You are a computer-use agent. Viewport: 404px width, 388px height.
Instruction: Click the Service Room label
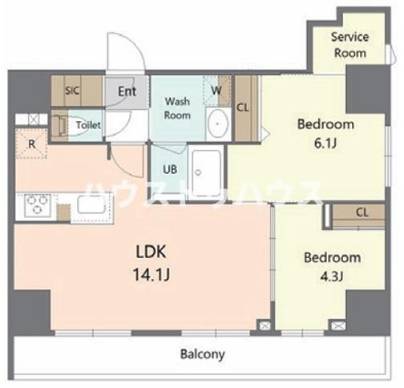pyautogui.click(x=350, y=45)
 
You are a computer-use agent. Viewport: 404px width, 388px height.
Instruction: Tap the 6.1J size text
pyautogui.click(x=325, y=143)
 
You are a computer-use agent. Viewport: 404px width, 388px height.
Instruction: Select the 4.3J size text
pyautogui.click(x=332, y=277)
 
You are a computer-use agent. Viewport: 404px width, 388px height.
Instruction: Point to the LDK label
pyautogui.click(x=151, y=252)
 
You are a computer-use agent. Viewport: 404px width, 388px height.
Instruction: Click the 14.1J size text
pyautogui.click(x=151, y=274)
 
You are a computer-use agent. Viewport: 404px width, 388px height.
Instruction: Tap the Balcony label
pyautogui.click(x=203, y=354)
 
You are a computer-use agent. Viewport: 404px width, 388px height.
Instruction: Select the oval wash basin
pyautogui.click(x=218, y=123)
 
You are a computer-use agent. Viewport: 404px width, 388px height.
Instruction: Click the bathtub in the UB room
pyautogui.click(x=207, y=172)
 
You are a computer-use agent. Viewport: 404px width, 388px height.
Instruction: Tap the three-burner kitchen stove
pyautogui.click(x=37, y=205)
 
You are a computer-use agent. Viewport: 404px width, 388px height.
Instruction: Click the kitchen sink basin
pyautogui.click(x=91, y=204)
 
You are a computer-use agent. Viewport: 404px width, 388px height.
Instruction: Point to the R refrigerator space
pyautogui.click(x=31, y=144)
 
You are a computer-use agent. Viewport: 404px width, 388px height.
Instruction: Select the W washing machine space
pyautogui.click(x=217, y=91)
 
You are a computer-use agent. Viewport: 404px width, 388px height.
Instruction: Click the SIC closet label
pyautogui.click(x=72, y=91)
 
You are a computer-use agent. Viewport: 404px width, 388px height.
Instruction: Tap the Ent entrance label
pyautogui.click(x=127, y=91)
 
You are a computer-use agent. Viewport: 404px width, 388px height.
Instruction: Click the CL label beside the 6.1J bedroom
pyautogui.click(x=243, y=107)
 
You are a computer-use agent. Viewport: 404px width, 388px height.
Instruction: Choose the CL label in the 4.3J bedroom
pyautogui.click(x=362, y=212)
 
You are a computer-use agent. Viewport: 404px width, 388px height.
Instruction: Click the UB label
pyautogui.click(x=170, y=169)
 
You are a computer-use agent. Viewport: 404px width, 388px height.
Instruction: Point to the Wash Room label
pyautogui.click(x=177, y=108)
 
